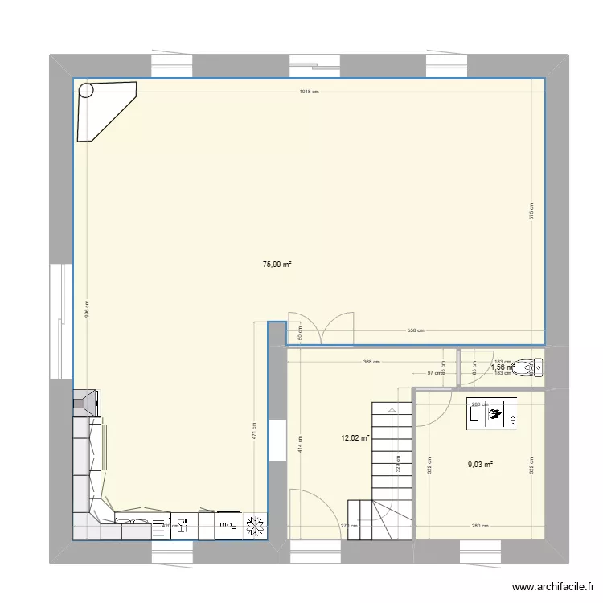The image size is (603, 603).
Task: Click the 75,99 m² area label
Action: [276, 264]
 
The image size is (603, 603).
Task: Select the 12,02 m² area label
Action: [355, 438]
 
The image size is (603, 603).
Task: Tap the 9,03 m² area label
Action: [480, 463]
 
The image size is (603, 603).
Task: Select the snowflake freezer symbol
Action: [256, 526]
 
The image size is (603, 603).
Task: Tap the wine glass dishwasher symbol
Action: [182, 526]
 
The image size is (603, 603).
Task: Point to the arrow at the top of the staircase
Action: [392, 409]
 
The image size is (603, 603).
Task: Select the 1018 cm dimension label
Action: [309, 92]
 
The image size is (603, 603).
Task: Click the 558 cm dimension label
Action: [415, 330]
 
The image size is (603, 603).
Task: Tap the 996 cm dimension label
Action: [88, 314]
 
